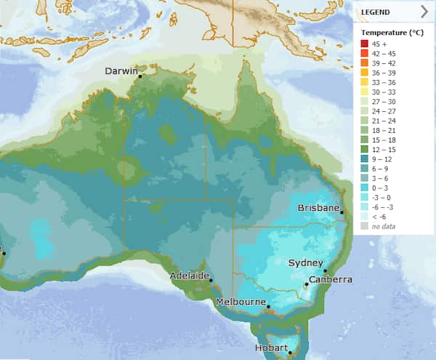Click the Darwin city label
click(121, 71)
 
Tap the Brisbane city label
click(319, 208)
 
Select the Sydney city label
click(305, 263)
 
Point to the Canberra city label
click(331, 279)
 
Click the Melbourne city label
click(240, 302)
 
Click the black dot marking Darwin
click(140, 75)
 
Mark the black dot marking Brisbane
click(342, 212)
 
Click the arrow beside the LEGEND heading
click(424, 12)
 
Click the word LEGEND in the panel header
click(376, 12)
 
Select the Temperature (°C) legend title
click(392, 33)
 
